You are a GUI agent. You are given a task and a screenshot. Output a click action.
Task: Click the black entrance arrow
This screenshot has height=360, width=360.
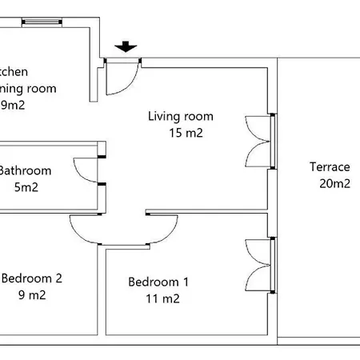click(x=124, y=47)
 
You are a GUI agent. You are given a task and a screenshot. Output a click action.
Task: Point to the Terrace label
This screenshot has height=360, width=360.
click(x=330, y=167)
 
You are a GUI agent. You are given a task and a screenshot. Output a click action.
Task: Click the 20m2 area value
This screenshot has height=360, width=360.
click(x=330, y=184)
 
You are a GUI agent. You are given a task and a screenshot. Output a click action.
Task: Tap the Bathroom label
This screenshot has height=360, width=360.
click(x=26, y=170)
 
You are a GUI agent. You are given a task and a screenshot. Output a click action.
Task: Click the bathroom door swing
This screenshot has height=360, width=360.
click(x=86, y=170)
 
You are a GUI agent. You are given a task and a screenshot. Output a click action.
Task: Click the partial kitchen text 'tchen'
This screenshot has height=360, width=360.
click(x=18, y=71)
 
